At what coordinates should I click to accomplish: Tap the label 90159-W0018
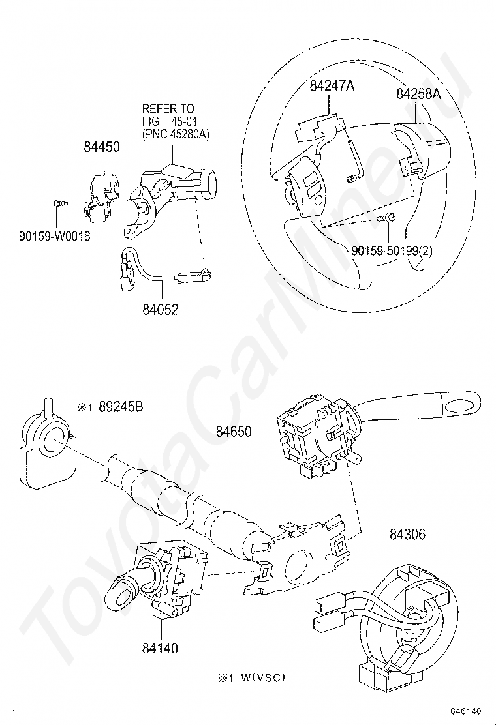point(54,235)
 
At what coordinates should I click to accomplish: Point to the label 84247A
point(332,85)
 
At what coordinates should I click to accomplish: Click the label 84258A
point(418,94)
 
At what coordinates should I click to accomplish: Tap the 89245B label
point(121,407)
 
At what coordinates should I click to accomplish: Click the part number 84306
point(407,535)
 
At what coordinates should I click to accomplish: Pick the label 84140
point(159,647)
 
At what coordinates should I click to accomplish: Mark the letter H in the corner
point(12,711)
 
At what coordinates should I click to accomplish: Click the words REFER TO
point(168,108)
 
